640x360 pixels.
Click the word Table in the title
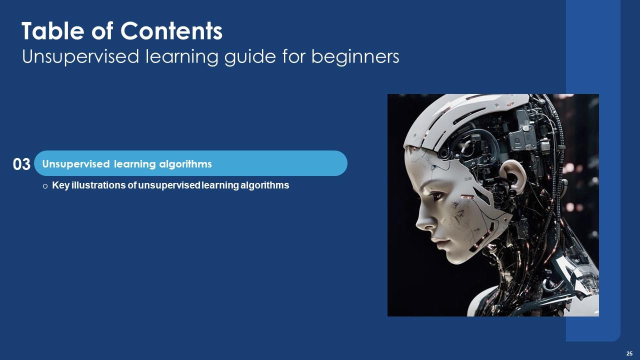pos(49,32)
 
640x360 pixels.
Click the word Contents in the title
pos(171,32)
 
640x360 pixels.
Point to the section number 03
pos(21,164)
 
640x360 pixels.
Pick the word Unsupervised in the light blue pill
pos(74,164)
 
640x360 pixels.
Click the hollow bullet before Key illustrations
pos(45,186)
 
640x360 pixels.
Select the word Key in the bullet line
pos(59,185)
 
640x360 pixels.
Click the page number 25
pos(629,353)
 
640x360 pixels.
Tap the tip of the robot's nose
pos(418,222)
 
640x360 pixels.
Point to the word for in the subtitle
pos(295,57)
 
